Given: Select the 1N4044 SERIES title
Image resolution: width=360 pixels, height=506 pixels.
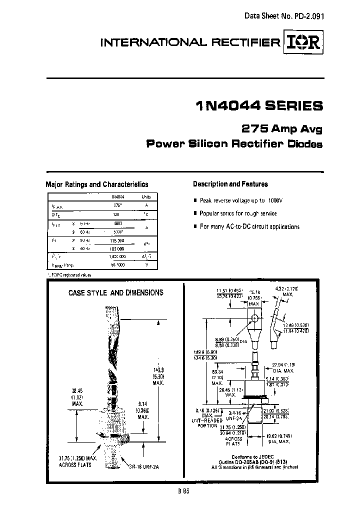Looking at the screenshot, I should [x=258, y=106].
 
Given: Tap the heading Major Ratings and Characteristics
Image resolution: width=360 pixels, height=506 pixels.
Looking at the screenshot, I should [x=97, y=184].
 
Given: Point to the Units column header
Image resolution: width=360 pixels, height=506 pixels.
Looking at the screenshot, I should [x=145, y=197].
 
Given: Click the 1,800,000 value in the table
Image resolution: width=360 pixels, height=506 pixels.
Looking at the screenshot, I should [x=116, y=256].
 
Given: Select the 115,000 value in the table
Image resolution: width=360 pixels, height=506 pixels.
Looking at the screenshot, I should [x=116, y=240].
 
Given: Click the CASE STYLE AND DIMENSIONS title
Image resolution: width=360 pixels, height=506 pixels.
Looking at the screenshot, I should [x=115, y=293].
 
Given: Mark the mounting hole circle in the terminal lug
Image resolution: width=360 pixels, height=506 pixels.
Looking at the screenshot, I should [x=254, y=317].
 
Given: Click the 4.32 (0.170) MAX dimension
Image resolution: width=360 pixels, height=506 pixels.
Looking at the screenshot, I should [x=287, y=291].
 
